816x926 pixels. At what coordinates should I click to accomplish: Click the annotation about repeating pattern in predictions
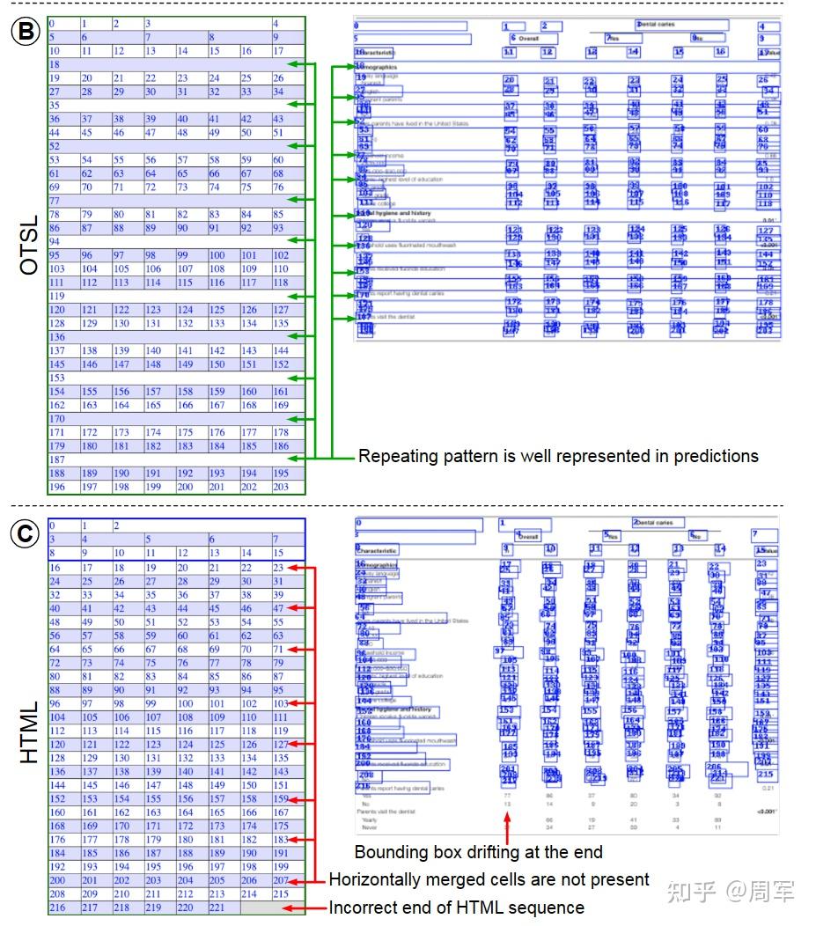[558, 456]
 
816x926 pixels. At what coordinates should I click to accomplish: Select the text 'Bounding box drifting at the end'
[479, 851]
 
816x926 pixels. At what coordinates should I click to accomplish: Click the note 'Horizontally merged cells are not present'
[489, 878]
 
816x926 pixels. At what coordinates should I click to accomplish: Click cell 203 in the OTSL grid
[281, 487]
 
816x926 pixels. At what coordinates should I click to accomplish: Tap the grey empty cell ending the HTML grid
[272, 907]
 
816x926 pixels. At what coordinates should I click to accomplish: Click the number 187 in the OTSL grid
[58, 459]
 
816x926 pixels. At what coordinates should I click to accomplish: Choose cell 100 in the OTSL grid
[217, 255]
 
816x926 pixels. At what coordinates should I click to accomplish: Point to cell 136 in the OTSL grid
[58, 337]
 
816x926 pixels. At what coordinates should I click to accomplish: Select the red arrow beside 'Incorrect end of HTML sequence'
[315, 907]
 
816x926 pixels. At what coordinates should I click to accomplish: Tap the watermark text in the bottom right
[731, 891]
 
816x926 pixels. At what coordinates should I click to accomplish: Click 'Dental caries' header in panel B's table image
[656, 25]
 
